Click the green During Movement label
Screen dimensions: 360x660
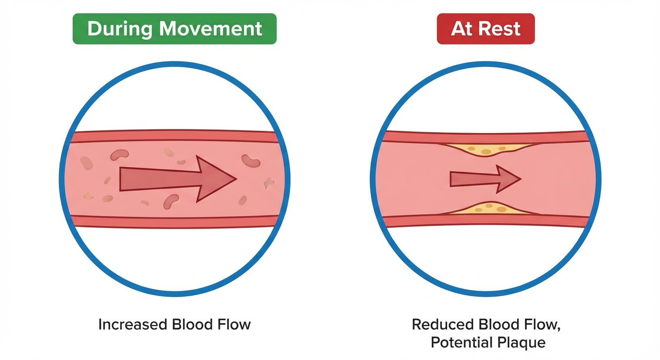click(174, 29)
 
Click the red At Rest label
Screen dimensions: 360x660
click(486, 29)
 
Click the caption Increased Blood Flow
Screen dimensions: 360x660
click(174, 324)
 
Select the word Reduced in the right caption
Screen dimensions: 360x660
click(442, 324)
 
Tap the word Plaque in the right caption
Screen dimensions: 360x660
click(525, 343)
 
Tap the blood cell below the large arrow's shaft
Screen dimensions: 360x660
click(171, 201)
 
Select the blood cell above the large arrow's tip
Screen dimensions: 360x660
click(251, 160)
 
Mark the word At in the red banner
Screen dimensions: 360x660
click(461, 29)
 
